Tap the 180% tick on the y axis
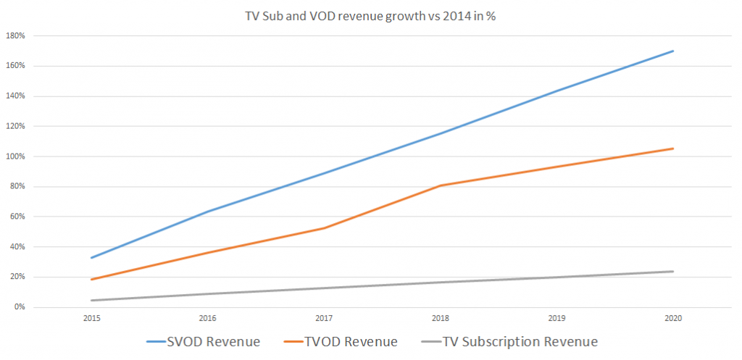click(x=17, y=35)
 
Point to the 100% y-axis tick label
click(x=17, y=156)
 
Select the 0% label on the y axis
click(x=20, y=307)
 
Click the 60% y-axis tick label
click(x=18, y=217)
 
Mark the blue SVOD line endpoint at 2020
click(x=673, y=51)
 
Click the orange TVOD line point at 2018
click(x=441, y=185)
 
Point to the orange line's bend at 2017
click(x=325, y=228)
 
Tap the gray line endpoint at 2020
click(x=673, y=272)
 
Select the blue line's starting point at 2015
click(x=92, y=258)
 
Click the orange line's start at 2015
click(x=92, y=280)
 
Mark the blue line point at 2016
click(x=209, y=212)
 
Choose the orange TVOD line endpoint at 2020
click(x=673, y=148)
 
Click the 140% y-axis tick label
click(x=17, y=96)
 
